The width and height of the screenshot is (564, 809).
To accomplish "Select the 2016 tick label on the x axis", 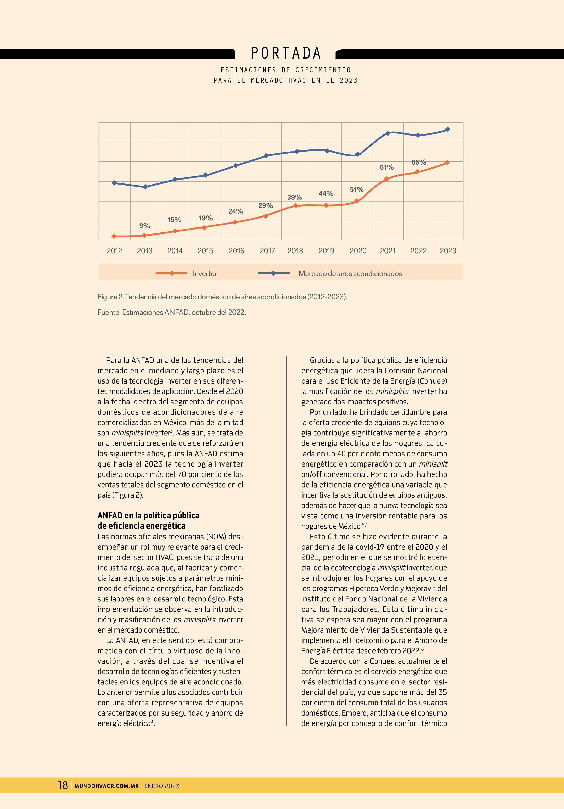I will coord(236,251).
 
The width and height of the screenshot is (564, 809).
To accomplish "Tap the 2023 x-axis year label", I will coord(448,251).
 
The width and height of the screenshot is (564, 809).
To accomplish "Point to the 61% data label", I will coord(387,167).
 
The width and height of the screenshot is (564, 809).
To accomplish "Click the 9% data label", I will coord(144,226).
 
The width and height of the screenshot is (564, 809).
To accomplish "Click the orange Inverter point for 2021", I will coord(386,179).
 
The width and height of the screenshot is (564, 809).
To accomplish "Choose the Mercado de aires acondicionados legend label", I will coord(350,273).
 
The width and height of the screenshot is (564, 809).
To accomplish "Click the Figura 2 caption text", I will coord(222,297).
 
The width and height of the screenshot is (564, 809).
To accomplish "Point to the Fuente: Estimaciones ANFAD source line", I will coord(172,312).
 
